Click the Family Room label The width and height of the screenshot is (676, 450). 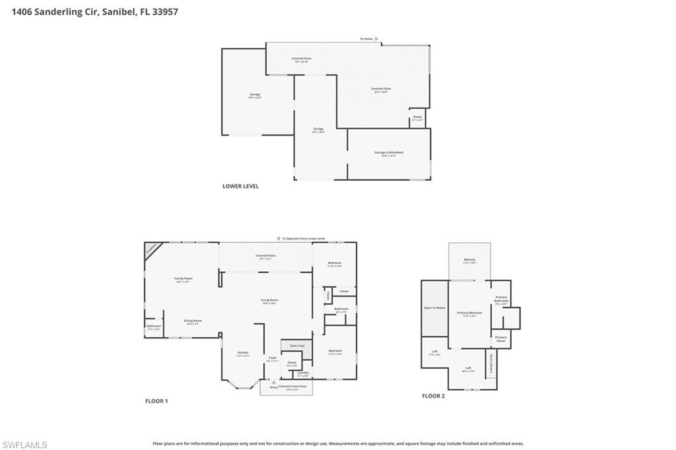183,280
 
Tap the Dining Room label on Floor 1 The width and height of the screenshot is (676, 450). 193,322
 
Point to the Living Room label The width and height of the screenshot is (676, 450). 269,301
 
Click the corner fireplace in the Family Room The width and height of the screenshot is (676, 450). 151,249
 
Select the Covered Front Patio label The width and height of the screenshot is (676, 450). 293,387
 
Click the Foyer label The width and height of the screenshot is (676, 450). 272,359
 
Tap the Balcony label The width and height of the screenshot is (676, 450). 469,261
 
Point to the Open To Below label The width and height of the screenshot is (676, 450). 434,308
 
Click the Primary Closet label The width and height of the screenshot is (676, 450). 500,339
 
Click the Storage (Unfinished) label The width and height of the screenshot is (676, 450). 388,153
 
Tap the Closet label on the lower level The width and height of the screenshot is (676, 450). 417,117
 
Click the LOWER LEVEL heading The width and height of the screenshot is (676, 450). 240,186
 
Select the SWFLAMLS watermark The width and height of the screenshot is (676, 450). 24,445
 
